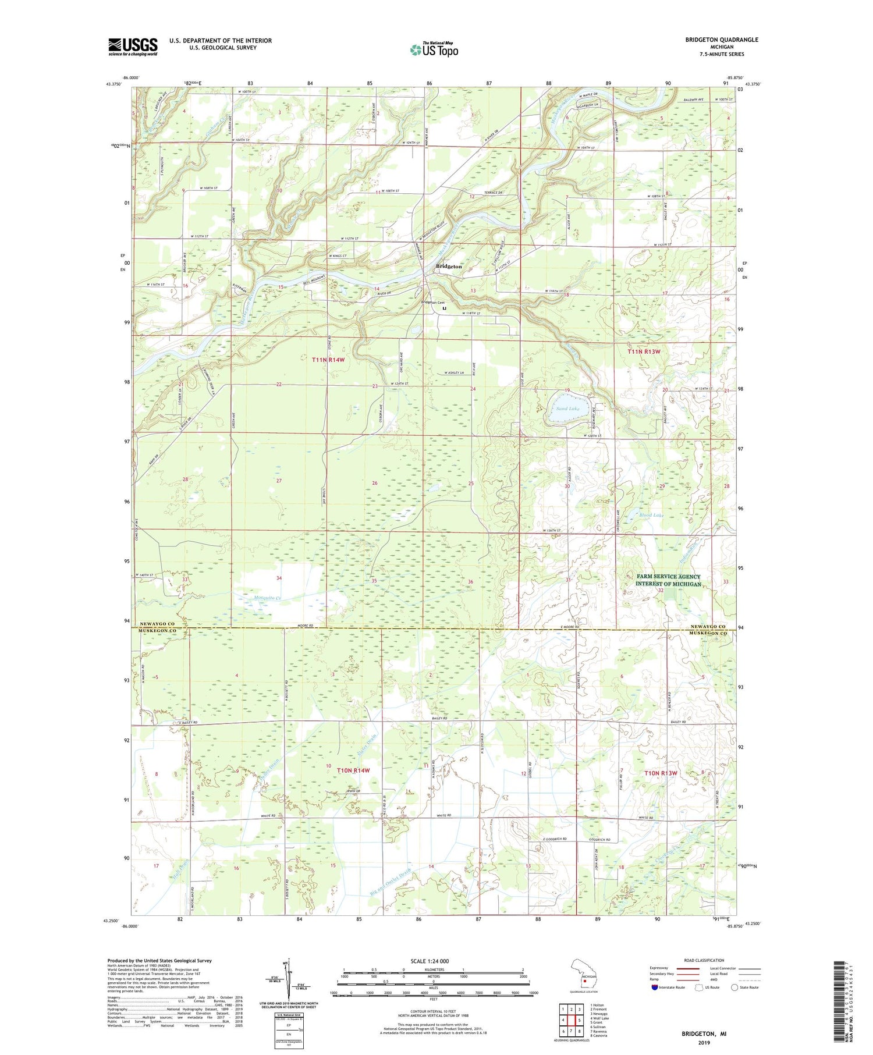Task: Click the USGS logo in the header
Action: coord(133,47)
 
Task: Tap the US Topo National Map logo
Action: coord(433,49)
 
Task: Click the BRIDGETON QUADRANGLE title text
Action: coord(722,40)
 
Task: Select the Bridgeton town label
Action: coord(449,267)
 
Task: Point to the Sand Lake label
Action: coord(567,408)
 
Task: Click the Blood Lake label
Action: coord(651,515)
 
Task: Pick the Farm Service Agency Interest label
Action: coord(668,580)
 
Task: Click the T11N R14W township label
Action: coord(328,360)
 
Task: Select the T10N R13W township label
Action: coord(662,773)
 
